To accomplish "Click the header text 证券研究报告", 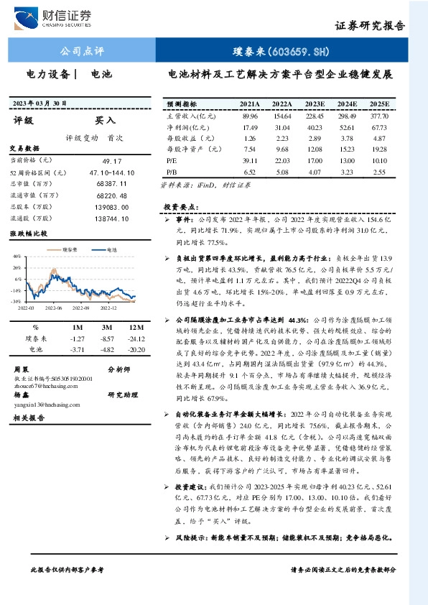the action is pos(370,26).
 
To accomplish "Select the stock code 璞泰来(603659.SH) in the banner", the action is pos(281,52).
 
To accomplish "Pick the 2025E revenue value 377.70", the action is pos(378,116).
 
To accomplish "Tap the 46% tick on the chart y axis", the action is pos(16,256).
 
